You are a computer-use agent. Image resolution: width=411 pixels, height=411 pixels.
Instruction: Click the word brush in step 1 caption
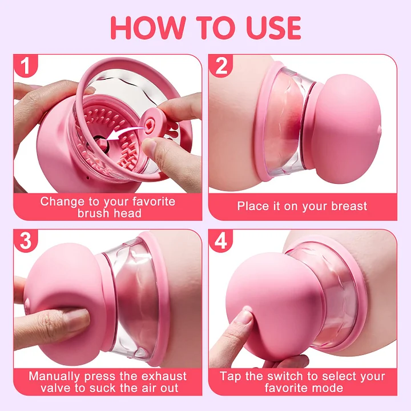point(95,213)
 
